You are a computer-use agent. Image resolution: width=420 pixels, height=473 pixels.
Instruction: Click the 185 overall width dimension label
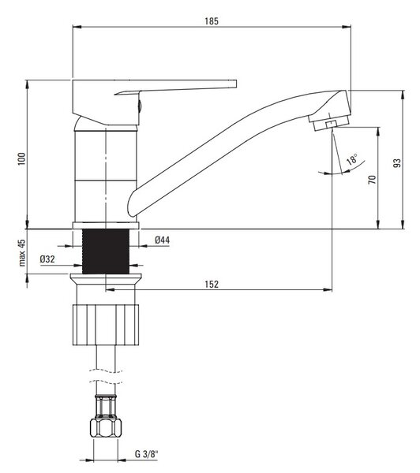(212, 21)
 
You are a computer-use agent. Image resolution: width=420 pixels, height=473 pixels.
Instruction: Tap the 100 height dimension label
(22, 158)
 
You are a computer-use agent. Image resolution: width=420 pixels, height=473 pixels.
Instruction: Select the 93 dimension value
(397, 163)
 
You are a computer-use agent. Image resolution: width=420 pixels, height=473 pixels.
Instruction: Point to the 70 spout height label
(373, 180)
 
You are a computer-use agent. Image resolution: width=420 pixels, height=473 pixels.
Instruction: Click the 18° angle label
(352, 158)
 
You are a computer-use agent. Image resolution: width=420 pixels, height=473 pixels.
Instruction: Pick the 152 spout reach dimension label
(212, 284)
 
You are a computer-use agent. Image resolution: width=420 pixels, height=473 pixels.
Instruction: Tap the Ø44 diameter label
(163, 240)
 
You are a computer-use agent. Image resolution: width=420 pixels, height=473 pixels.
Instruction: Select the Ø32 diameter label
(47, 259)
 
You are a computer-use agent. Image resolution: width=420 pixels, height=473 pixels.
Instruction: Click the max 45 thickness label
(22, 253)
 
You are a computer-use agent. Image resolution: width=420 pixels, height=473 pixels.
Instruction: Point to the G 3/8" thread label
(146, 454)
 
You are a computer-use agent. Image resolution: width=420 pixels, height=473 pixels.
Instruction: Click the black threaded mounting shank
(106, 251)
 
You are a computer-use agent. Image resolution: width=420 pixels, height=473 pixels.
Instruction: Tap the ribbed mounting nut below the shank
(106, 325)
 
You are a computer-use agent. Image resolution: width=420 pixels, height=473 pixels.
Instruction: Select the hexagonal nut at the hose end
(106, 427)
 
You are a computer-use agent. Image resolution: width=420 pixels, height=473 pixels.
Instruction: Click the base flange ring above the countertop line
(106, 225)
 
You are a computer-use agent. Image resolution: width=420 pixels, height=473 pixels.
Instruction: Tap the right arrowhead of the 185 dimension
(347, 27)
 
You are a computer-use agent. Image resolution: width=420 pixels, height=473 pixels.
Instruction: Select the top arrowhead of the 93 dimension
(403, 95)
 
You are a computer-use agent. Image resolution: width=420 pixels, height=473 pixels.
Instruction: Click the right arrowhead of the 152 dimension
(328, 290)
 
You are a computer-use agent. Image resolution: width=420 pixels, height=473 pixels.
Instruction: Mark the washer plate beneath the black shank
(106, 276)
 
